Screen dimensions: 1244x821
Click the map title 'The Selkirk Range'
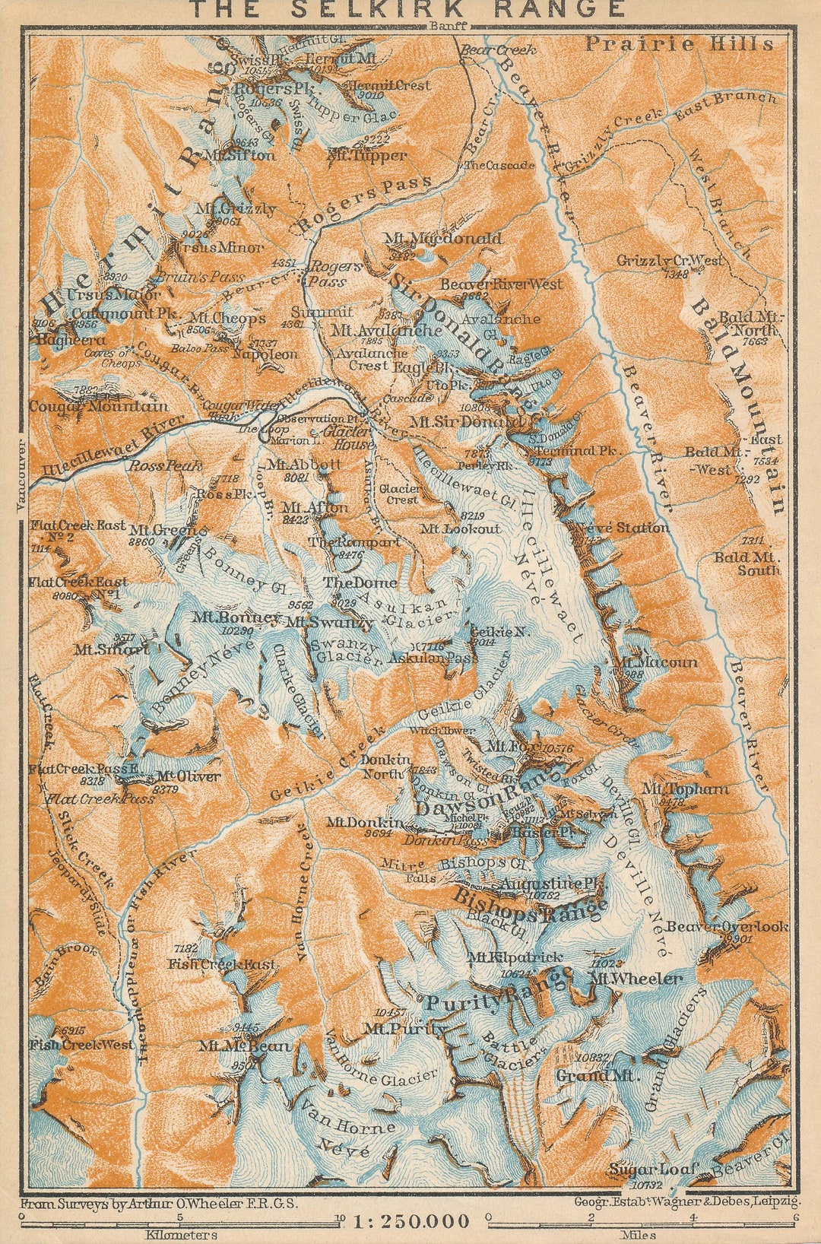coord(407,9)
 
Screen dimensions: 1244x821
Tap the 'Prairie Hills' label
coord(679,44)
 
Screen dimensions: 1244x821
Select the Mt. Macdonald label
coord(443,239)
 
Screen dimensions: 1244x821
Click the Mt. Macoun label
coord(658,663)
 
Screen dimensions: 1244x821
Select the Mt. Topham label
coord(684,789)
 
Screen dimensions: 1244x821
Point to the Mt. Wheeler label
coord(636,979)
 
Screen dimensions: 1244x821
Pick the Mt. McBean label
coord(245,1046)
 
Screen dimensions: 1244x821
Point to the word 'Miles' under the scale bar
coord(637,1235)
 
